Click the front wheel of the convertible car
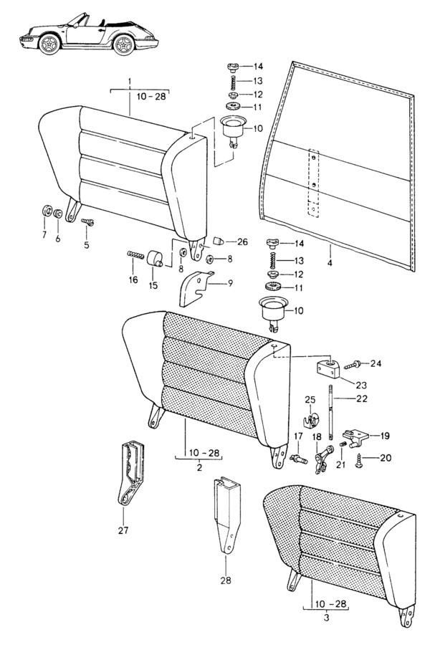point(49,44)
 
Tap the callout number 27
point(123,530)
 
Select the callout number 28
point(226,580)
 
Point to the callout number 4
point(330,262)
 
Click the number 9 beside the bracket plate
point(230,283)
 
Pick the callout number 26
point(242,242)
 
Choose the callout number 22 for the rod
point(362,398)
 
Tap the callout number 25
point(310,399)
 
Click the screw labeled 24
point(351,364)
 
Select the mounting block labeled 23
point(329,368)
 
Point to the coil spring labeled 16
point(135,255)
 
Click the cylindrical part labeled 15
point(155,259)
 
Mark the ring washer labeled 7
point(46,210)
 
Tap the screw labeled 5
point(87,222)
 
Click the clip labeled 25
point(310,421)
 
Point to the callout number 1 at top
point(130,82)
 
